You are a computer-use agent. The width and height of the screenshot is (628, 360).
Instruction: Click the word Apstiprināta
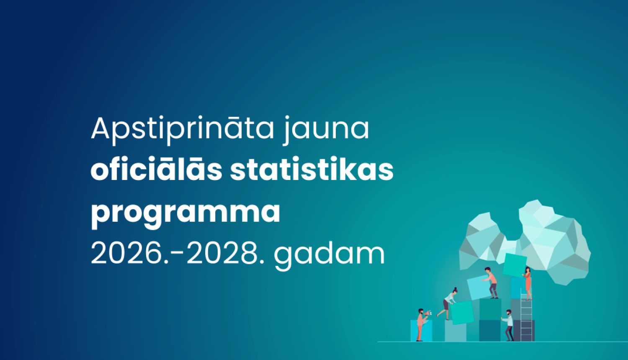coord(183,129)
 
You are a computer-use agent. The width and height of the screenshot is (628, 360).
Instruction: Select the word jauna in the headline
coord(327,129)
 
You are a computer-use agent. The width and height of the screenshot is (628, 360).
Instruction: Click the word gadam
coord(329,254)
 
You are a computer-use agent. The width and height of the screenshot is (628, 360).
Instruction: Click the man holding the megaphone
coord(420,324)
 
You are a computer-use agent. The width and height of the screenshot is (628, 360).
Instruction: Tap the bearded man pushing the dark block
coord(509,324)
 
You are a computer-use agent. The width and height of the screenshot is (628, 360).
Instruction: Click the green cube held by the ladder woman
coord(514,265)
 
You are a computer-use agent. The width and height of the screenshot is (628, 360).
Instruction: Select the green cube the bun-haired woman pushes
coord(462,312)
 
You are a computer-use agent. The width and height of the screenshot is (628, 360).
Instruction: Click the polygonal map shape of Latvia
coord(528,239)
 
